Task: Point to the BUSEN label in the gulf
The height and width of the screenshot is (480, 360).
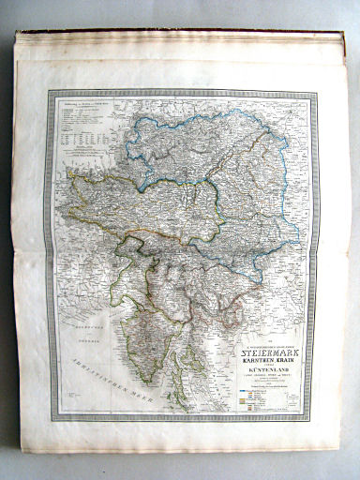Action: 71,327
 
